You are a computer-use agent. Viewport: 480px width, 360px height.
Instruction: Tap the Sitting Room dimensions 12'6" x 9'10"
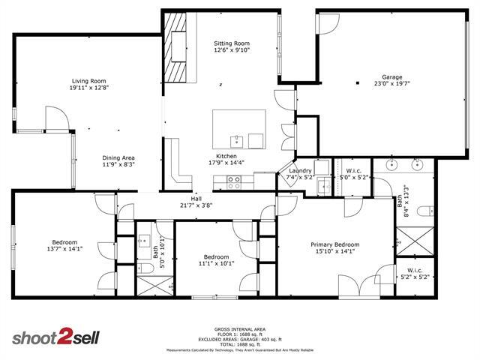232,51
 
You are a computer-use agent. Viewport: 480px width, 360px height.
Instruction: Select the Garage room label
392,77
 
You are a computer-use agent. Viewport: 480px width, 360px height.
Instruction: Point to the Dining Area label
118,157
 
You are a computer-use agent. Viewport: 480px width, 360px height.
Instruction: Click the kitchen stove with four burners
233,180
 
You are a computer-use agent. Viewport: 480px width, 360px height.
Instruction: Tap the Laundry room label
301,171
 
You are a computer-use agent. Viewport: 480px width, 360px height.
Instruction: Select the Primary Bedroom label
335,244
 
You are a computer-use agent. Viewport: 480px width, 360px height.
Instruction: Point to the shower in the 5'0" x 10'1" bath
154,286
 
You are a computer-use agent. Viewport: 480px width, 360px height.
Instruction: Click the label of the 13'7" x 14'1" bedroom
64,243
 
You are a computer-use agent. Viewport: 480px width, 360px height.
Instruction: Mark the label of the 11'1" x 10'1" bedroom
217,256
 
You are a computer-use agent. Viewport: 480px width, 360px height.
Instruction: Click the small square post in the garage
358,82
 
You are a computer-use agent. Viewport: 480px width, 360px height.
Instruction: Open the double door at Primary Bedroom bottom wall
361,286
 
